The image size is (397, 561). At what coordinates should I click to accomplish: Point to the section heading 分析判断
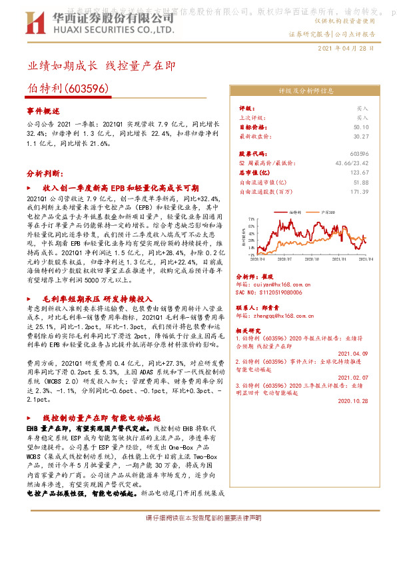click(44, 173)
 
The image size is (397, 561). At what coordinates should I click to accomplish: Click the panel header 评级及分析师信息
click(305, 91)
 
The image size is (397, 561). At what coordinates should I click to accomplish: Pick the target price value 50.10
click(361, 126)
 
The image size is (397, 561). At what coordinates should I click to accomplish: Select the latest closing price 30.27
click(361, 135)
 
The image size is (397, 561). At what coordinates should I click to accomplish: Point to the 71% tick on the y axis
click(250, 218)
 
